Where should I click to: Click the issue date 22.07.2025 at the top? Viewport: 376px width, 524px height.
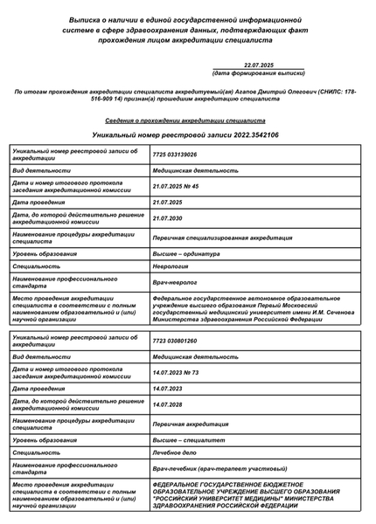(259, 65)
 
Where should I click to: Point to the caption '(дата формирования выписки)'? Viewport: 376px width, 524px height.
(259, 73)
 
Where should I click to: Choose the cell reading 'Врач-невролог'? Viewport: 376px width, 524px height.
(175, 282)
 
